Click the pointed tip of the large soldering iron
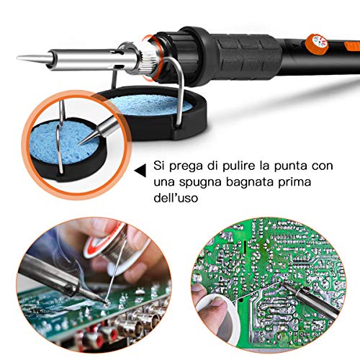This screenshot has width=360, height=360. click(x=17, y=58)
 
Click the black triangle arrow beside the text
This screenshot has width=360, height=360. click(x=140, y=171)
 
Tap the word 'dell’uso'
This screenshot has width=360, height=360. click(x=176, y=198)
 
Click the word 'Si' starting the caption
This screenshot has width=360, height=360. click(x=159, y=166)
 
